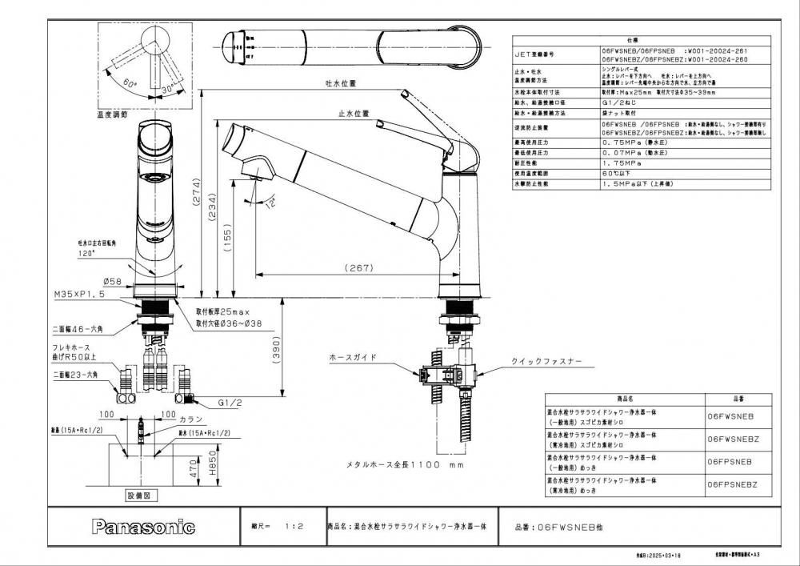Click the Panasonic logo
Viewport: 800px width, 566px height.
tap(143, 527)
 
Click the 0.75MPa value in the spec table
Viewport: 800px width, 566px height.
tap(625, 142)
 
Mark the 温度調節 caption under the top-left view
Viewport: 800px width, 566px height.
tap(112, 114)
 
